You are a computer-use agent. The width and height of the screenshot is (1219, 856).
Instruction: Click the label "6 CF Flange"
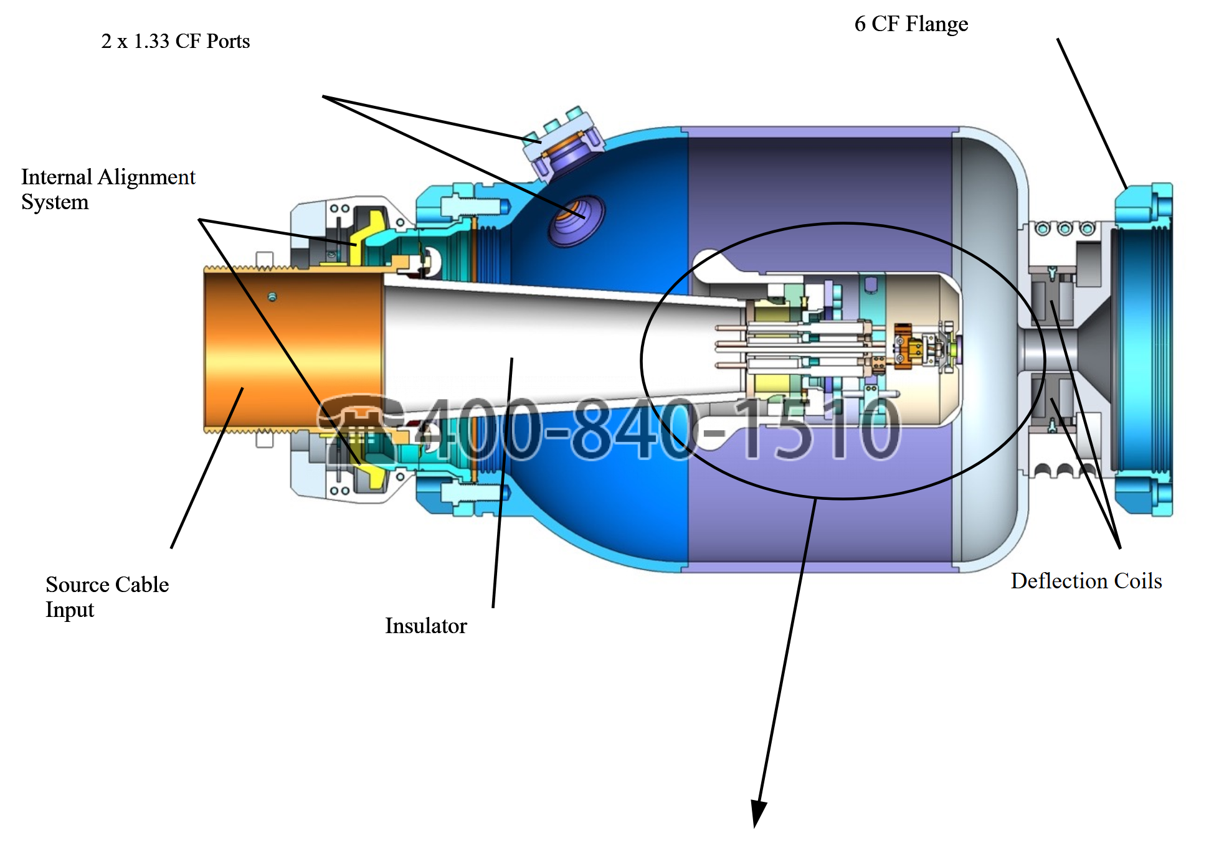click(x=911, y=24)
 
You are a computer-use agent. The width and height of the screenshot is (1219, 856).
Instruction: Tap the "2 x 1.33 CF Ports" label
click(x=175, y=41)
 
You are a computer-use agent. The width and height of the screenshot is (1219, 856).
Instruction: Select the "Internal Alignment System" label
click(x=108, y=189)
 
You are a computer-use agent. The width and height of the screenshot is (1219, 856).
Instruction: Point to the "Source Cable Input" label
click(x=107, y=596)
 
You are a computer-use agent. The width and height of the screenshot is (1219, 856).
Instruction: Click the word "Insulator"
click(x=426, y=626)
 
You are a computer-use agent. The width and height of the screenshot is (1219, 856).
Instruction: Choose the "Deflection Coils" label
click(x=1086, y=581)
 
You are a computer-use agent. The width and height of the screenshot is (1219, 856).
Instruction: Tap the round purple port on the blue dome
click(x=576, y=220)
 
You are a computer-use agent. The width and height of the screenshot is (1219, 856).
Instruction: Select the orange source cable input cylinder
click(x=293, y=349)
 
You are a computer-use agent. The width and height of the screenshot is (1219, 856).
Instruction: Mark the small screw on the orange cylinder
click(x=272, y=297)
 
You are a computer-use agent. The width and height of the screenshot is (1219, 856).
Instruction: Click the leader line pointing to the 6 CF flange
click(x=1091, y=114)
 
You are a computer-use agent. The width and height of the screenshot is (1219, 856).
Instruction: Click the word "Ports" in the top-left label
click(x=228, y=41)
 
